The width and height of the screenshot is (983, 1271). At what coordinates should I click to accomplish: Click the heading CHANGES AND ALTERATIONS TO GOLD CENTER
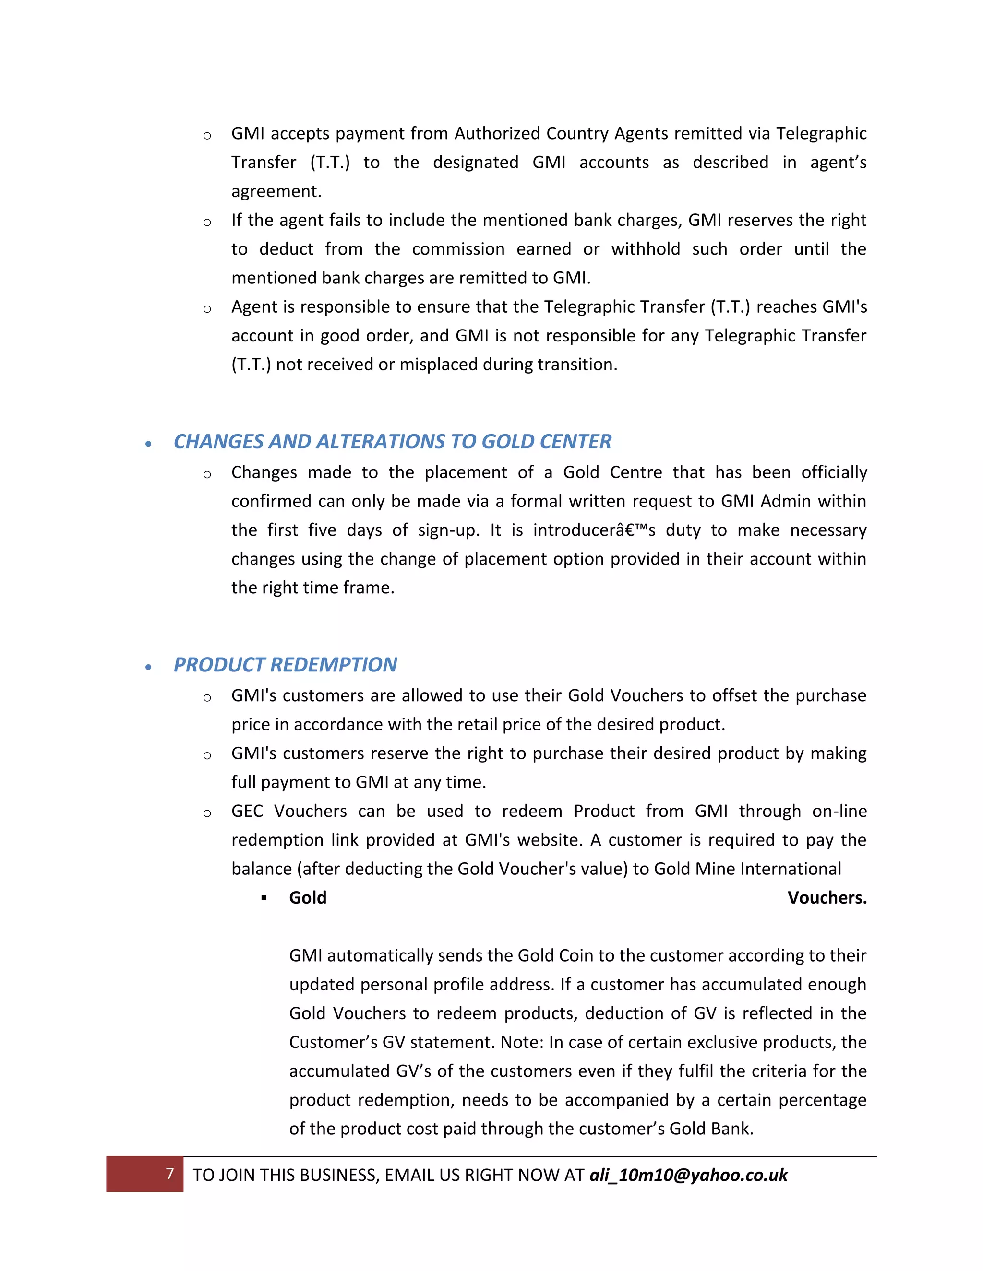point(392,442)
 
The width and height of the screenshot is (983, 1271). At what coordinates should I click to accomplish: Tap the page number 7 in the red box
point(169,1173)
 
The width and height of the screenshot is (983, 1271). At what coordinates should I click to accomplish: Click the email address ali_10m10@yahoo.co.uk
point(688,1175)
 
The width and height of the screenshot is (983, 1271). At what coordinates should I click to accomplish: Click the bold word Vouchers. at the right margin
point(827,897)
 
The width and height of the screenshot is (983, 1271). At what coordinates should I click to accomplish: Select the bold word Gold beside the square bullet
point(308,897)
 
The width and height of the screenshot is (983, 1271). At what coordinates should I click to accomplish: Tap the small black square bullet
point(264,898)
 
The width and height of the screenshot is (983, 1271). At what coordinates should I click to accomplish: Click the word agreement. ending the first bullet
point(276,191)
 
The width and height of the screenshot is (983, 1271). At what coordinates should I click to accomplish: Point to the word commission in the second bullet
point(458,249)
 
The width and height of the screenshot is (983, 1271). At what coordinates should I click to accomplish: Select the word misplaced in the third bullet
point(436,365)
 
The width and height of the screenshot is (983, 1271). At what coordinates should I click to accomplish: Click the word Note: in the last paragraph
point(522,1042)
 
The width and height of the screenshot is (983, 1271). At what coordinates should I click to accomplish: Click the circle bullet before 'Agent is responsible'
point(207,309)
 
